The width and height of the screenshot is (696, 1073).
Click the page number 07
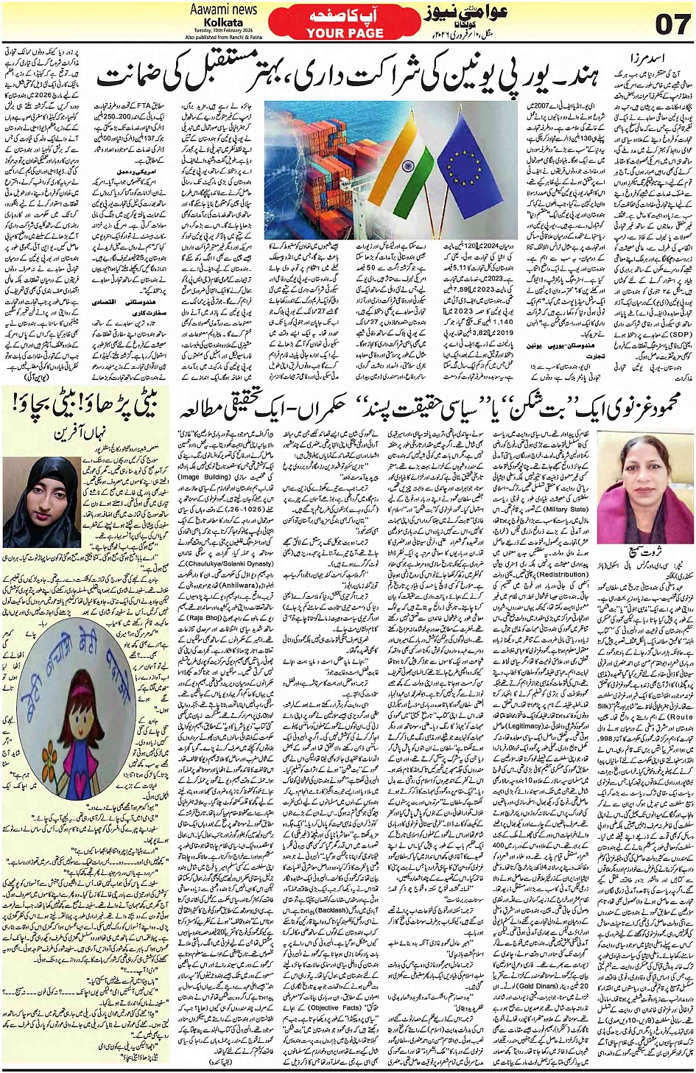point(668,24)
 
